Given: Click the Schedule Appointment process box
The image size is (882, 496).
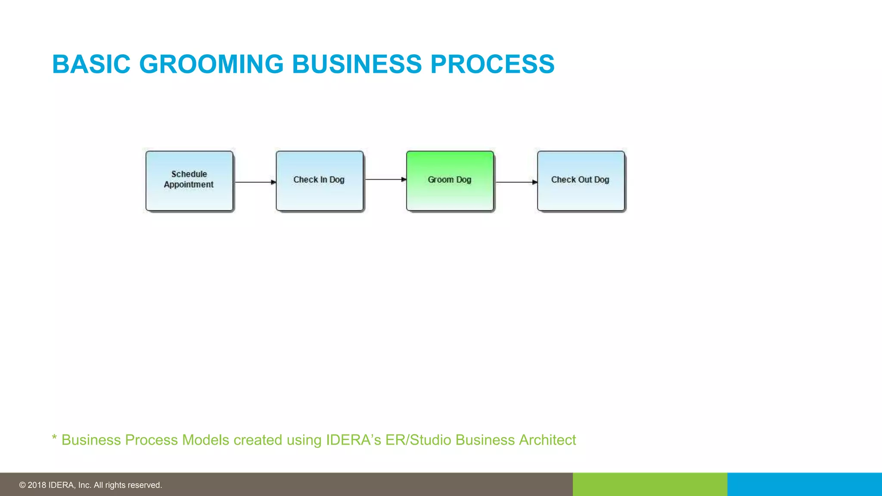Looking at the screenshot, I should tap(189, 181).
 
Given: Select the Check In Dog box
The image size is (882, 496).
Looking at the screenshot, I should tap(320, 181).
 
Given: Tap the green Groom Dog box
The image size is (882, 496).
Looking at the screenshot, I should tap(450, 181).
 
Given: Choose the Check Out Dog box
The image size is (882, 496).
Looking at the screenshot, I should tap(581, 181).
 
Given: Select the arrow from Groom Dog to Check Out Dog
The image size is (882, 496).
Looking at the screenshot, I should tap(516, 182).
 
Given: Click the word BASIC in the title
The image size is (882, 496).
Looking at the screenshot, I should tap(91, 65).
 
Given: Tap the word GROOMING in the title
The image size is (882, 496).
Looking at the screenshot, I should tap(211, 65).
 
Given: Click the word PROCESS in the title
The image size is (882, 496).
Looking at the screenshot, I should tap(492, 65).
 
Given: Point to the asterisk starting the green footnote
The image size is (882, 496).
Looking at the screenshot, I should tap(54, 438).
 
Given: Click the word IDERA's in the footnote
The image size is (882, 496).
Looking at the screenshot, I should tap(353, 440).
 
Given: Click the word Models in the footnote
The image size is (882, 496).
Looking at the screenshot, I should tap(205, 440).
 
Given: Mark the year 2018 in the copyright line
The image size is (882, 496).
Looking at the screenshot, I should tap(37, 485).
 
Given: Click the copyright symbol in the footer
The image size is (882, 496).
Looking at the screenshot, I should tap(22, 485).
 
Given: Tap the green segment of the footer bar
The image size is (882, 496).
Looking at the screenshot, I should tap(650, 484).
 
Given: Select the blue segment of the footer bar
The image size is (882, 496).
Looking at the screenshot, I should tap(804, 484).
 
